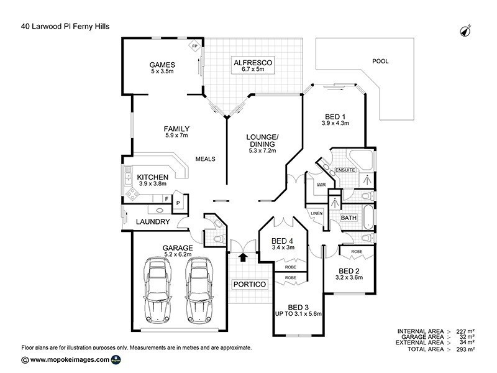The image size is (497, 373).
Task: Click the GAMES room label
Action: click(162, 65)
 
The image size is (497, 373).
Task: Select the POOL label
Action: click(380, 62)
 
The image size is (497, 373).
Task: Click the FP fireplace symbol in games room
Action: click(194, 47)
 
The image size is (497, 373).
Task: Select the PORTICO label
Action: click(249, 284)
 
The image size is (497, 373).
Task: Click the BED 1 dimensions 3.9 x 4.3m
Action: click(335, 123)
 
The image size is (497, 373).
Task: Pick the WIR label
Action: click(322, 185)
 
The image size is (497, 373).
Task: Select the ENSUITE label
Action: click(344, 169)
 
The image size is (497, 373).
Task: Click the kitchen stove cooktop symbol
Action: click(132, 194)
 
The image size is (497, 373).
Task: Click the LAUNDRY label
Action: click(152, 221)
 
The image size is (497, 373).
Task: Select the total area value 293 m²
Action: click(465, 349)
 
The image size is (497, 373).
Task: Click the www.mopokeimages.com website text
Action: click(70, 359)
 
